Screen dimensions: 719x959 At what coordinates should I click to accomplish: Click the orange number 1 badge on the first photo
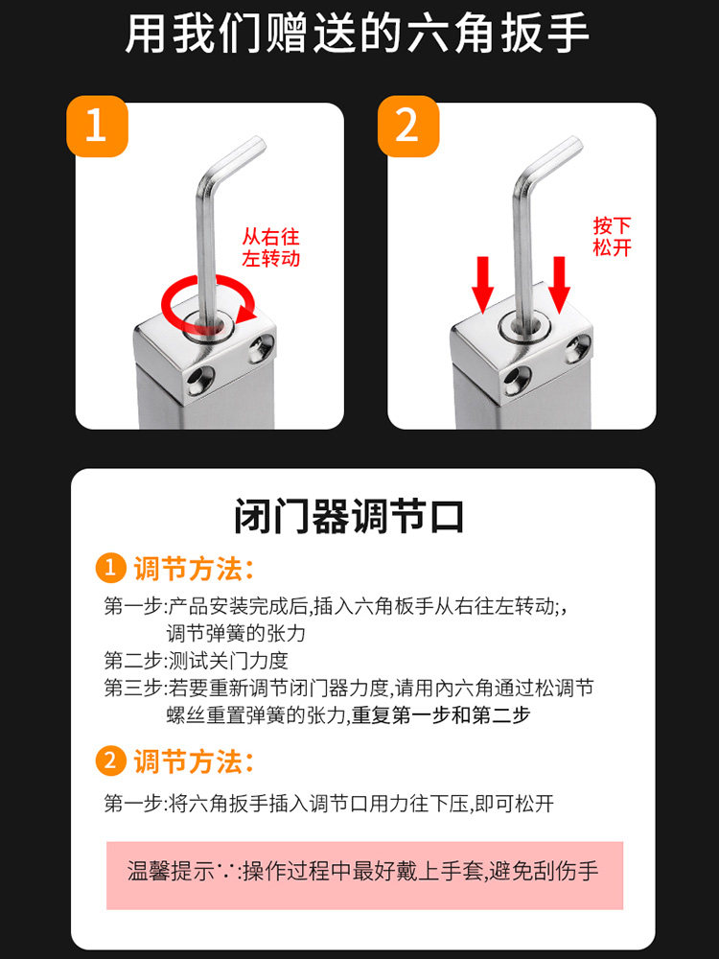(97, 126)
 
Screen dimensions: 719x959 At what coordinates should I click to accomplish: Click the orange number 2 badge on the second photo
(407, 126)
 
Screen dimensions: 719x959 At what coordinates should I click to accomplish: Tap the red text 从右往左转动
(270, 247)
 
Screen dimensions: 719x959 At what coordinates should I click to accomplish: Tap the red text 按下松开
(612, 236)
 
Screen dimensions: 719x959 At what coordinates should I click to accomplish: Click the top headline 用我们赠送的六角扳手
(357, 33)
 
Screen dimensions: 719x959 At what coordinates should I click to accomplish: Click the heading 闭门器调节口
(349, 516)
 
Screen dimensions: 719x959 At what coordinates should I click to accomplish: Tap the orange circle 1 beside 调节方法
(110, 568)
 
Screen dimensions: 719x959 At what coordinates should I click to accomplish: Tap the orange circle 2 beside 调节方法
(110, 760)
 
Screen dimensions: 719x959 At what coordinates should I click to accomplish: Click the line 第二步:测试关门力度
(196, 661)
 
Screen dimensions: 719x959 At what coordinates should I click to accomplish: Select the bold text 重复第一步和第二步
(441, 715)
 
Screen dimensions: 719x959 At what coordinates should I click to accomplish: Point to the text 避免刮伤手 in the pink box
(544, 871)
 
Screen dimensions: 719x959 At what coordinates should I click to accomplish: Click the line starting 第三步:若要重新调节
(349, 688)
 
